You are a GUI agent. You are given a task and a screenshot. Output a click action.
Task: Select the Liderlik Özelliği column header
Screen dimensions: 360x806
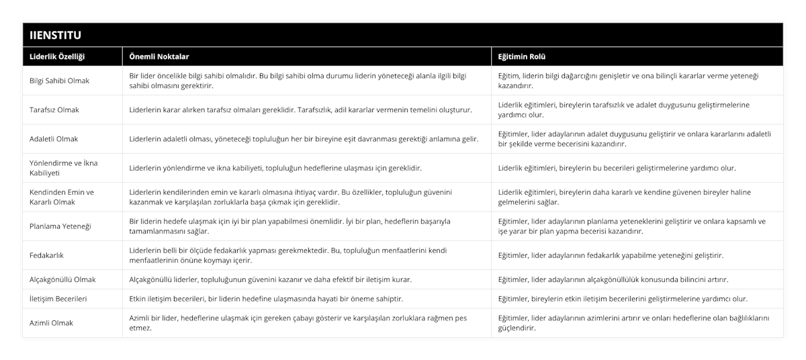[x=57, y=56]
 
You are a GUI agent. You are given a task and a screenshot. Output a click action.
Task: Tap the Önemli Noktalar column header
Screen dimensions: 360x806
[x=159, y=56]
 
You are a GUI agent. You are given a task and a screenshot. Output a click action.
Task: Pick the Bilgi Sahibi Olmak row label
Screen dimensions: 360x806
[x=60, y=81]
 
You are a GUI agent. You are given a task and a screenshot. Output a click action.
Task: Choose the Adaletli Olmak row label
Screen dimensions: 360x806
[x=54, y=139]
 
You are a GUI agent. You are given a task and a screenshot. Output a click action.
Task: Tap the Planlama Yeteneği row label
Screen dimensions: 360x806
[x=59, y=226]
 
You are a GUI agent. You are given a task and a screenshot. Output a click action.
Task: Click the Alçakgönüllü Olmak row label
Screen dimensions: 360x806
[x=62, y=279]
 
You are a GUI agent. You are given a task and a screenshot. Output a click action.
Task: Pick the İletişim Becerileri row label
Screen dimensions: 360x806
[x=58, y=298]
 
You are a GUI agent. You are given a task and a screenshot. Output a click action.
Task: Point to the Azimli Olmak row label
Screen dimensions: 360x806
[x=52, y=322]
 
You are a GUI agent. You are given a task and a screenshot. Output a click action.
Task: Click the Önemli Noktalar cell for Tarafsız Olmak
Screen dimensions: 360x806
[x=300, y=109]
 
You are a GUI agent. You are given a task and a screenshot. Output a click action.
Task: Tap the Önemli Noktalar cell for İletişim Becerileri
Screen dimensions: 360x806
[x=266, y=298]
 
